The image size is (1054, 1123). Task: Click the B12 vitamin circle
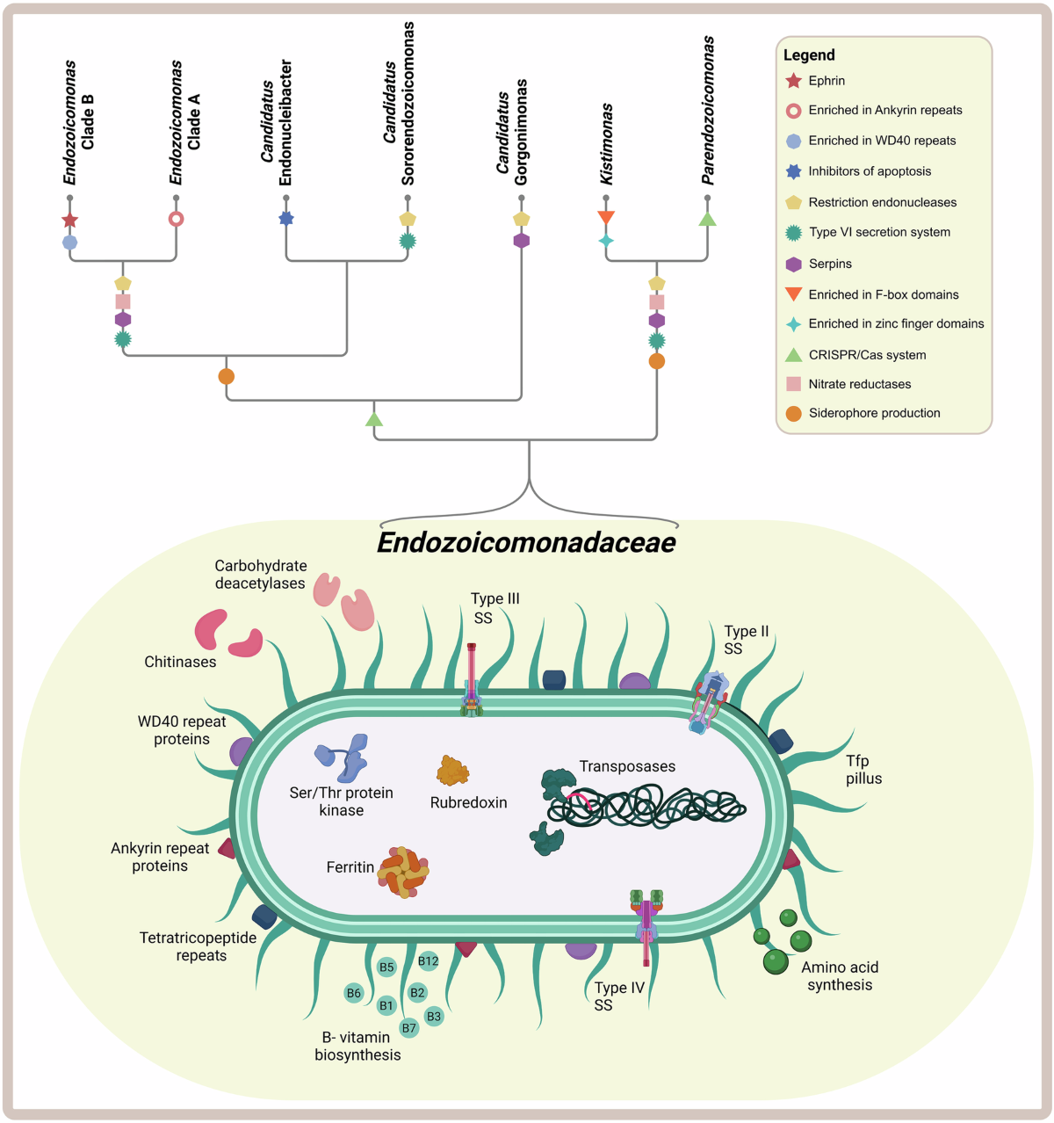[x=428, y=960]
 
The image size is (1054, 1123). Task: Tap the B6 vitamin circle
[x=353, y=993]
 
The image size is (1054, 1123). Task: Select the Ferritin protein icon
[x=403, y=872]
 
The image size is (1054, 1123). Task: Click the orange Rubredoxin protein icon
[x=452, y=771]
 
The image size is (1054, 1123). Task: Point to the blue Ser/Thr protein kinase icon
[x=343, y=757]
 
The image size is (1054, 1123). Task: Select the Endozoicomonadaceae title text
[x=526, y=542]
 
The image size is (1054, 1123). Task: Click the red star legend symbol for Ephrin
[x=793, y=81]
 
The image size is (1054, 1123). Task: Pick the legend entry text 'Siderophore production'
[x=874, y=413]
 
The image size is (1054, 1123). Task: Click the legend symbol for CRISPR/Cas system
[x=793, y=355]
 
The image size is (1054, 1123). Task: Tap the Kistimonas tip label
[x=606, y=144]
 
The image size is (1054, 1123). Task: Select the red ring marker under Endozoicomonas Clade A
[x=176, y=219]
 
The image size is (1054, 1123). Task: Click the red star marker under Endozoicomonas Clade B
[x=70, y=220]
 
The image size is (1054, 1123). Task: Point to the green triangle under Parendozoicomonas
[x=707, y=219]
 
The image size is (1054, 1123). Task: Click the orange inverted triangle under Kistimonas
[x=606, y=217]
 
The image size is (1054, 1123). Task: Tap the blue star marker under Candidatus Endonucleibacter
[x=285, y=218]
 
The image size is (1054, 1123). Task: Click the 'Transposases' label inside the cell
[x=627, y=766]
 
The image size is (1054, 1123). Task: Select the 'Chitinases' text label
[x=180, y=662]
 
